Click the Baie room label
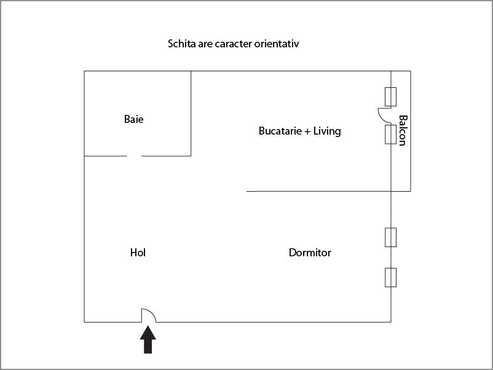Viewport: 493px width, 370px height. (133, 119)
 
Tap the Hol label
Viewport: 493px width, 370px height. (138, 253)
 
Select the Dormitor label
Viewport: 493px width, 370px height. (310, 253)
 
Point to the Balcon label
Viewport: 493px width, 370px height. (403, 130)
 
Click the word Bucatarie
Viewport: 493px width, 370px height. (280, 131)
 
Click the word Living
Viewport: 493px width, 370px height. (327, 131)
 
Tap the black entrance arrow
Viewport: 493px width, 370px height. (148, 339)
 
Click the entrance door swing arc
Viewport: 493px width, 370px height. (150, 313)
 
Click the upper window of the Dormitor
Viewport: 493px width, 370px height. (390, 237)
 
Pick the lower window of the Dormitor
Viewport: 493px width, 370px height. (390, 277)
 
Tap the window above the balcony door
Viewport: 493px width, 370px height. (390, 96)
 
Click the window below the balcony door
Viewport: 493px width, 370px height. (390, 134)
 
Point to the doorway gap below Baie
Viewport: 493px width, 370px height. (134, 156)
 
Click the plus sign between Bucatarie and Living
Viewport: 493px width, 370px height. (307, 131)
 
